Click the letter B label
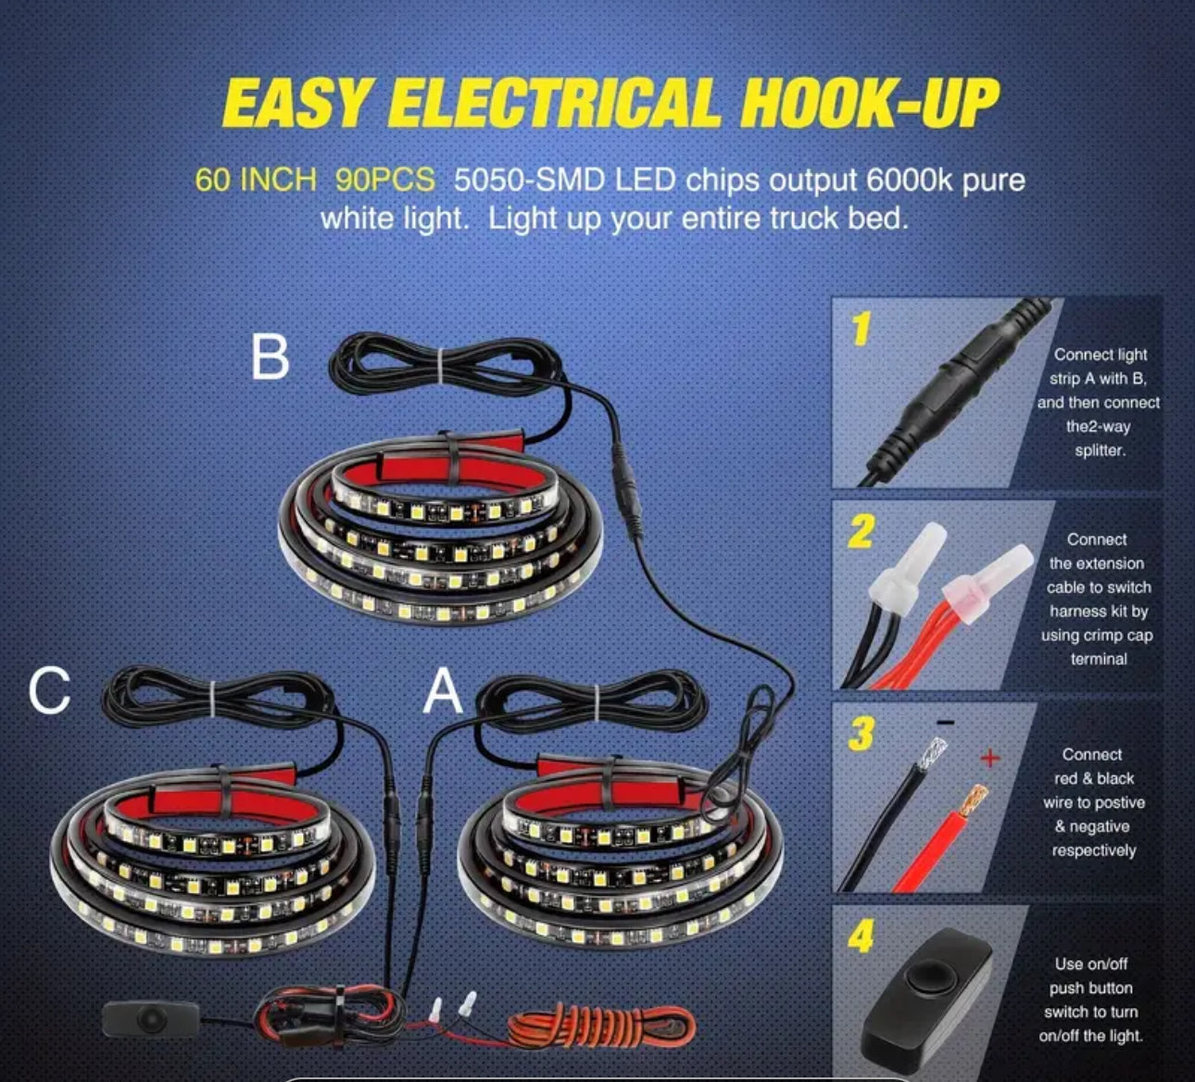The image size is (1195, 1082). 270,357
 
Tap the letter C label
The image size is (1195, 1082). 49,690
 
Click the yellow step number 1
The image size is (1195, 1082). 860,330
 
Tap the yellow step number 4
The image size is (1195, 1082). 862,936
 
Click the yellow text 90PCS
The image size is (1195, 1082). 384,180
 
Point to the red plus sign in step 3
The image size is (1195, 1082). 988,759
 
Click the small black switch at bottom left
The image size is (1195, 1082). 151,1019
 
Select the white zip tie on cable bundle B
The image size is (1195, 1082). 441,365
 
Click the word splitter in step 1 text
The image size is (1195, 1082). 1100,450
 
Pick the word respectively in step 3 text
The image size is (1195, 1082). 1094,850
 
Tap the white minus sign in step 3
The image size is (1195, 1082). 946,723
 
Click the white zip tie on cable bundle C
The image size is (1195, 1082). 213,698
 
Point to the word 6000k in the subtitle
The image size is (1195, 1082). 909,180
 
